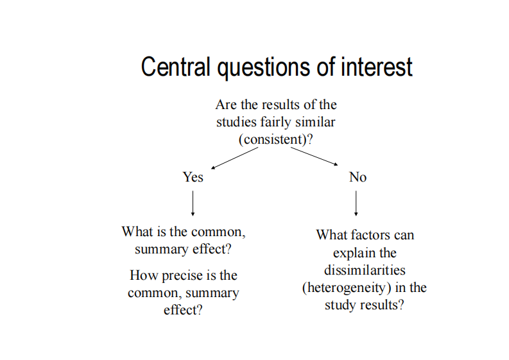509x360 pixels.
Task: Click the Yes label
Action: click(x=193, y=177)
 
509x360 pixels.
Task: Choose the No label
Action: click(x=358, y=177)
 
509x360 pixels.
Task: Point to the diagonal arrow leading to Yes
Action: click(x=235, y=158)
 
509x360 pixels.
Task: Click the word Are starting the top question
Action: click(x=227, y=105)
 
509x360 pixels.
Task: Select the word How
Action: click(x=144, y=276)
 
